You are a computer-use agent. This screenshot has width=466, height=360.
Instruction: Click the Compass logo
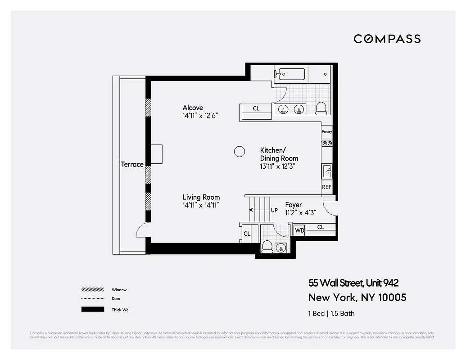click(387, 39)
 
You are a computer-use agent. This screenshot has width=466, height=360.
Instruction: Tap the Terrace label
click(132, 164)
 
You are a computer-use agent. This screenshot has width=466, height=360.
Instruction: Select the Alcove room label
click(193, 108)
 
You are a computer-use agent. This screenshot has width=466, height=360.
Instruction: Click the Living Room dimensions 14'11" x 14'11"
click(200, 205)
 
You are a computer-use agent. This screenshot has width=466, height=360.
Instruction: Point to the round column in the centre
click(240, 152)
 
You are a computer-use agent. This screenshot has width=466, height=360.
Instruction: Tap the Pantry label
click(326, 132)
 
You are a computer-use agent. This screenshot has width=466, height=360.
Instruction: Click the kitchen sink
click(327, 171)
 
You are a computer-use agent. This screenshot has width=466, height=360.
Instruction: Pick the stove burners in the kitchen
click(326, 143)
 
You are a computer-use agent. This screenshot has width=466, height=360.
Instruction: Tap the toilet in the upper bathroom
click(321, 108)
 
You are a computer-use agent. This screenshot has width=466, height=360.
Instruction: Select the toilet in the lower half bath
click(267, 247)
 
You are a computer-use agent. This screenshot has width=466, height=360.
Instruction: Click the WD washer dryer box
click(299, 230)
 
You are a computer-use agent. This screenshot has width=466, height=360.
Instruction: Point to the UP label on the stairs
click(274, 210)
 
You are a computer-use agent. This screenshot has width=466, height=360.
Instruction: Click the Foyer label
click(294, 205)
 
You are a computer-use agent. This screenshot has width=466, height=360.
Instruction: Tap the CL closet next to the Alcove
click(256, 108)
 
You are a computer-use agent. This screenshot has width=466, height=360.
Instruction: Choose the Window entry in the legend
click(119, 290)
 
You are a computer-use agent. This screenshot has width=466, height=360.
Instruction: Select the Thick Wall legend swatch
click(93, 310)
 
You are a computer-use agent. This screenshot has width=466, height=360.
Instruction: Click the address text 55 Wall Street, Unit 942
click(353, 283)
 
